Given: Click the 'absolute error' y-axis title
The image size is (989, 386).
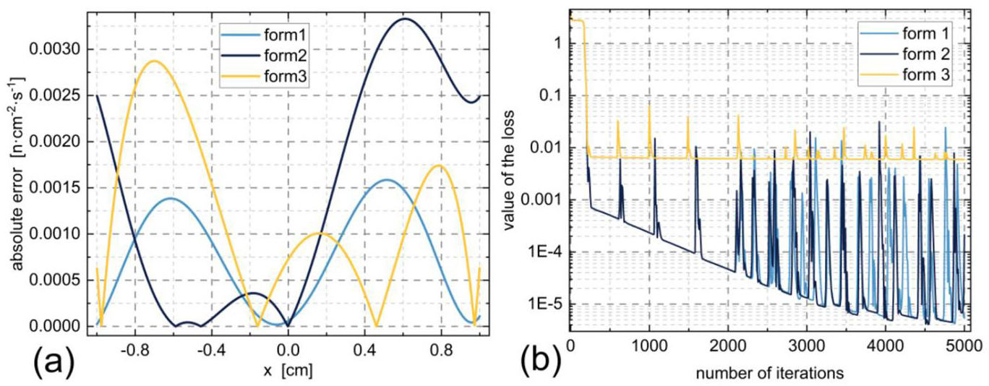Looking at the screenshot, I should (15, 188).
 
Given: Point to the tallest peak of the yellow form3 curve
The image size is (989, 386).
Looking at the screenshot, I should (153, 61).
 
